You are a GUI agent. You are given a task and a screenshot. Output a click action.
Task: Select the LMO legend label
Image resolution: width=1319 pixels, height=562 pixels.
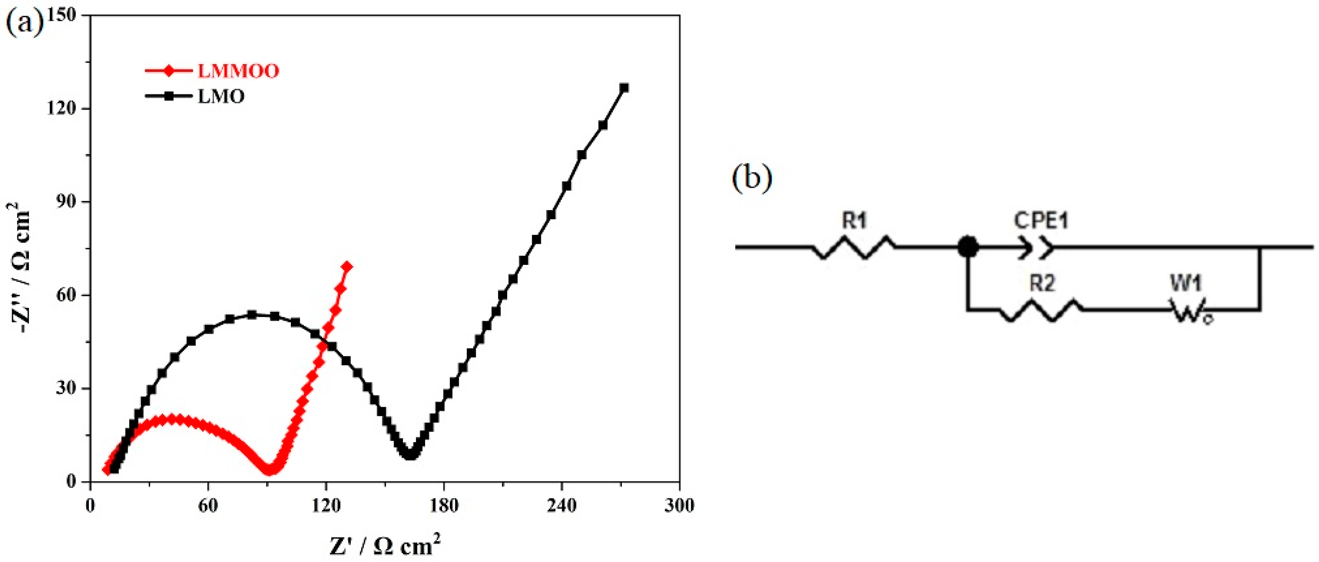221,96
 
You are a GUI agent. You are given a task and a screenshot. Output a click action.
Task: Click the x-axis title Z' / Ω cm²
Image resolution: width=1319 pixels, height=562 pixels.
385,546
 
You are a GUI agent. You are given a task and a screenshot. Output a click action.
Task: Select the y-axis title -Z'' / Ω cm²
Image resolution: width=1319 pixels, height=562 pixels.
19,268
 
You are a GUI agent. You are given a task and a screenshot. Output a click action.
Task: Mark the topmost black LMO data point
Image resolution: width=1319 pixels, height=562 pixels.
624,88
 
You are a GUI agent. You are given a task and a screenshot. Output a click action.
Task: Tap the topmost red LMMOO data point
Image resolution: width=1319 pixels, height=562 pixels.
347,266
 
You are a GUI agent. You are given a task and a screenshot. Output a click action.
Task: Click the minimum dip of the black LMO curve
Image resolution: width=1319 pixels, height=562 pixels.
410,454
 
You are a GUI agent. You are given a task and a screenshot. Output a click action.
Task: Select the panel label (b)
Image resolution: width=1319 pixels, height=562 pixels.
752,179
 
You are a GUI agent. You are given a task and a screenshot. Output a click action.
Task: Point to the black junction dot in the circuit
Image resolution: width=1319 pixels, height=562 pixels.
968,248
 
